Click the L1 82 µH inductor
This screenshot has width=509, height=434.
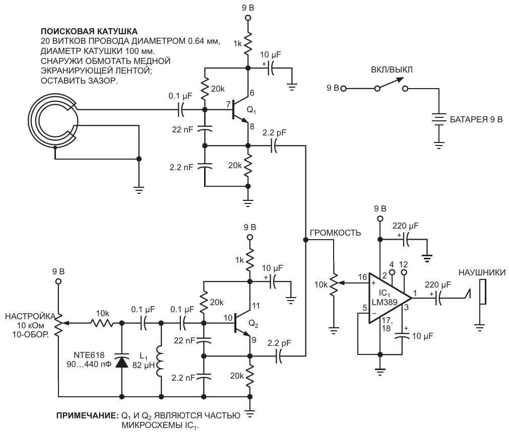pyautogui.click(x=160, y=361)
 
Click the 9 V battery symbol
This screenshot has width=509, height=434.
pyautogui.click(x=439, y=120)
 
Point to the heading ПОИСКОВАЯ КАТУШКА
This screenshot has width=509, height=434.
pyautogui.click(x=89, y=31)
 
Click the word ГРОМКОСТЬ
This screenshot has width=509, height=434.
pyautogui.click(x=335, y=233)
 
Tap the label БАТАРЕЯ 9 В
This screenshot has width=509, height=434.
pyautogui.click(x=476, y=119)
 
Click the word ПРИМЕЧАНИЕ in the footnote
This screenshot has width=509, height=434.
pyautogui.click(x=86, y=415)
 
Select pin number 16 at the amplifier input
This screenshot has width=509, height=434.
pyautogui.click(x=362, y=277)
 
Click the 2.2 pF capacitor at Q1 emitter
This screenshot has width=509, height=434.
pyautogui.click(x=274, y=146)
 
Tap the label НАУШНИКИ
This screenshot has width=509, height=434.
pyautogui.click(x=482, y=272)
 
